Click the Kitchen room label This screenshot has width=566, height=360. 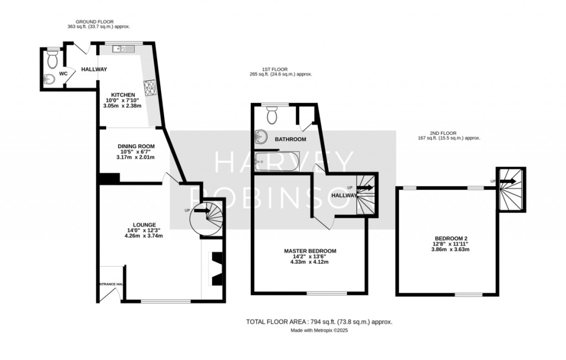point(123,95)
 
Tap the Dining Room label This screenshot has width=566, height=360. point(136,146)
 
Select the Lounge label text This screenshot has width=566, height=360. point(144,225)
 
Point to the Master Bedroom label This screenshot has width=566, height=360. point(310,251)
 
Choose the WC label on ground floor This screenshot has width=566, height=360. point(63,74)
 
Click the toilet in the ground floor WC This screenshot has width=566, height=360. point(53,59)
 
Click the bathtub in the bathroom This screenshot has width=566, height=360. point(277,161)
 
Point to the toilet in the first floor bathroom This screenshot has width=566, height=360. point(272,114)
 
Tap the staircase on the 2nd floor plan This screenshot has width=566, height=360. point(511,189)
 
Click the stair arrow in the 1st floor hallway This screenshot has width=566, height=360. point(365,188)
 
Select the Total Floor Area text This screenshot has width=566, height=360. point(319,322)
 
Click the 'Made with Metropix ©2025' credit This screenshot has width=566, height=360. point(319,330)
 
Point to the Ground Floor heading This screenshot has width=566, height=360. point(95,22)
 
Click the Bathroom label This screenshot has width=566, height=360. point(291,139)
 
